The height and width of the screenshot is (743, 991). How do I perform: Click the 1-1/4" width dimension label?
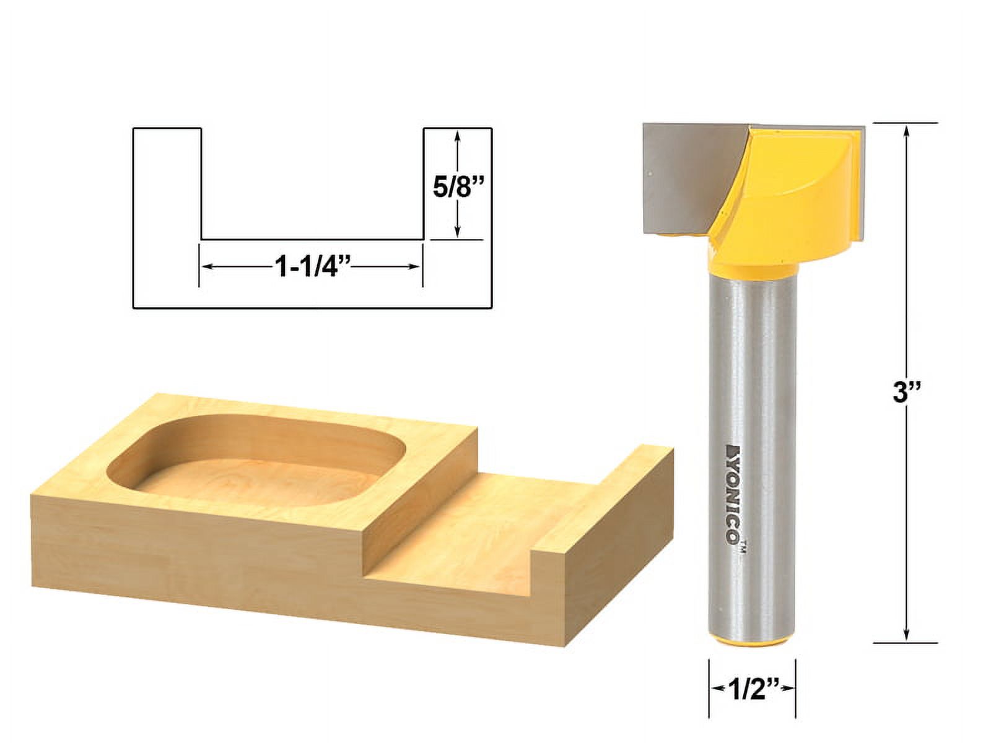312,267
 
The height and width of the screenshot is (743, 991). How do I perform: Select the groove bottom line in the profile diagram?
312,239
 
